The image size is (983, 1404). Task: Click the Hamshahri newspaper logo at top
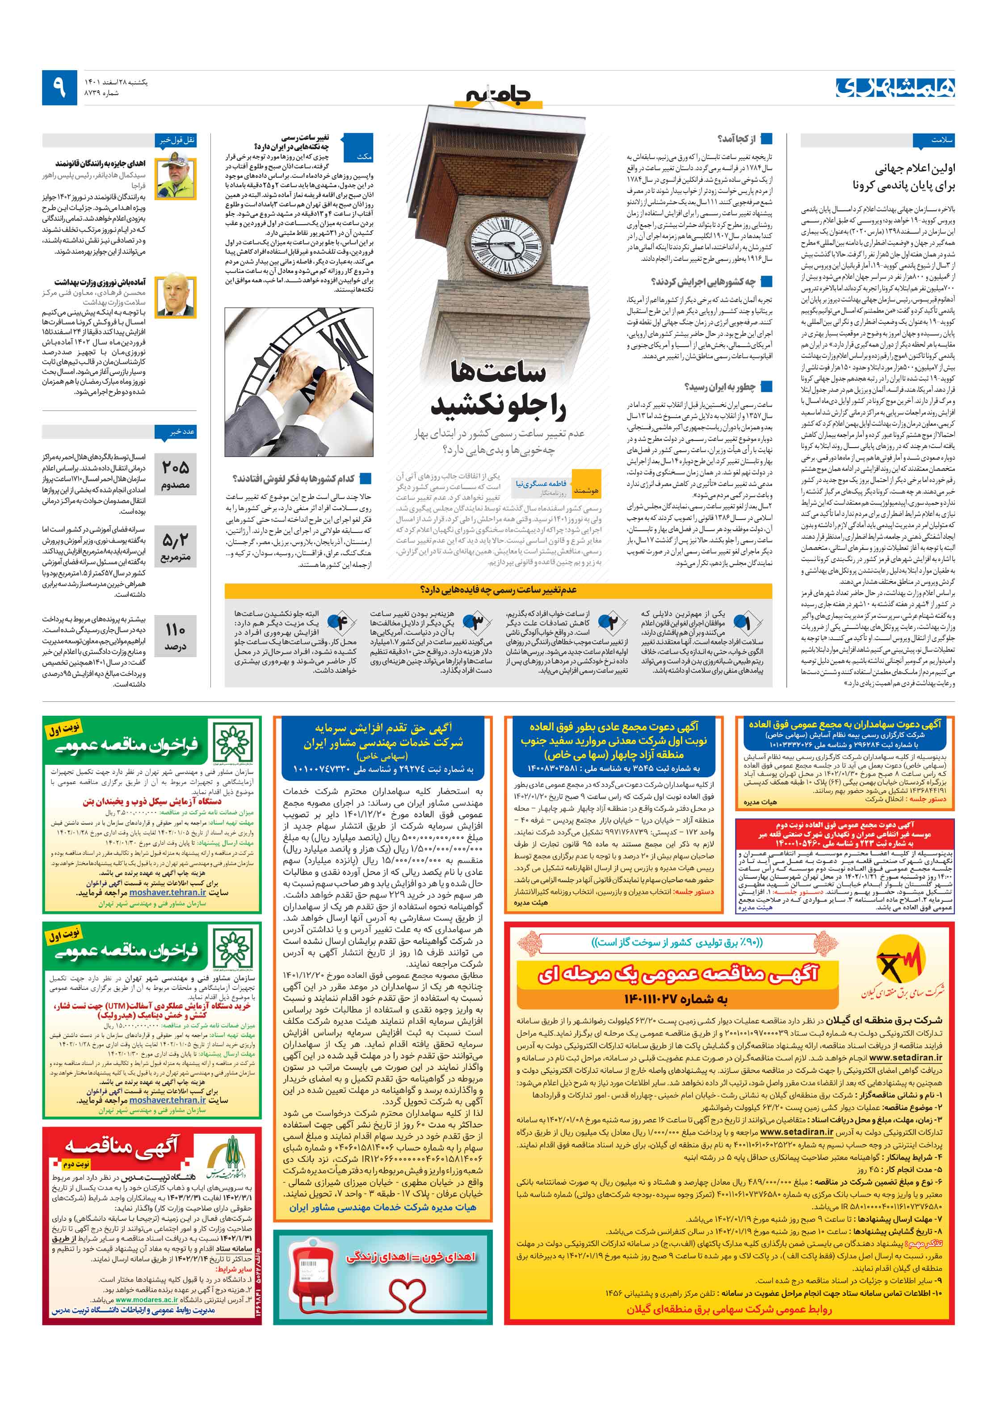pos(894,88)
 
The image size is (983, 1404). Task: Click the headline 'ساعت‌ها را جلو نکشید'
pos(499,389)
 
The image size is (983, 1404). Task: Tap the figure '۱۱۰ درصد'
pos(176,636)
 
